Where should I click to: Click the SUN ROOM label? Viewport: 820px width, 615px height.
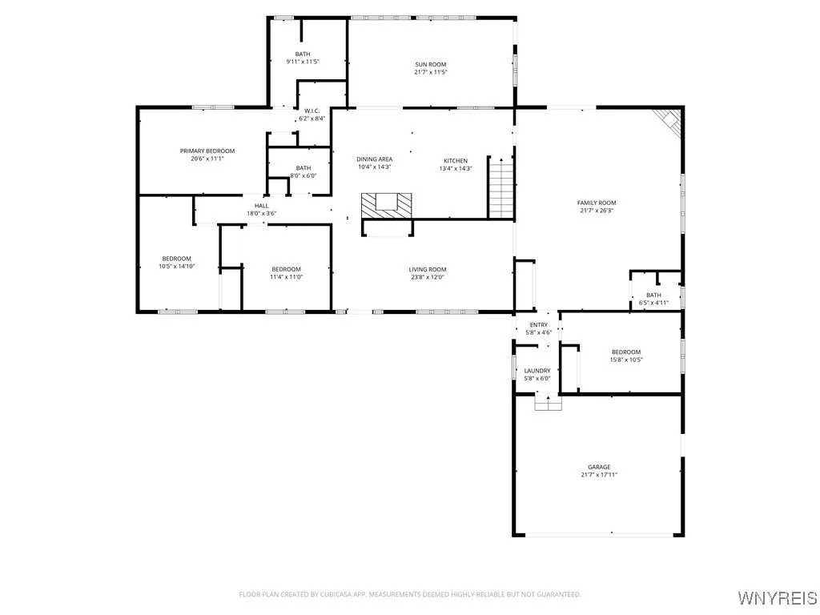click(431, 65)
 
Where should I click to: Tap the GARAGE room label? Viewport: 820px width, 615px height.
click(599, 467)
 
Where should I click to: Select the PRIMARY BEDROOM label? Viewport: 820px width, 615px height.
click(207, 151)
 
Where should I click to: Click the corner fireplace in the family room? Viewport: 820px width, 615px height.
click(666, 121)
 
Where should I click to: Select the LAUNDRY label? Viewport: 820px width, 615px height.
click(537, 371)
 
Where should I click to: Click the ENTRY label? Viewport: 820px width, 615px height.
click(539, 324)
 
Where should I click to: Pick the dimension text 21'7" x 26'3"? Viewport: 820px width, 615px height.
click(597, 211)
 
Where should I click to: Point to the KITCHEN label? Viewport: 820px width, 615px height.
click(456, 161)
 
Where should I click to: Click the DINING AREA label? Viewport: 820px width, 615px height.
click(375, 159)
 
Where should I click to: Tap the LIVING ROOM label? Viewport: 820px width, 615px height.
click(428, 270)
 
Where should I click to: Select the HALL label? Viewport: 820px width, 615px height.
click(262, 206)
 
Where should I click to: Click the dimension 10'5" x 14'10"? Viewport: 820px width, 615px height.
click(177, 267)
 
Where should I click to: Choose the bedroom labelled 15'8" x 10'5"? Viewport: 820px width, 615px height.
click(626, 356)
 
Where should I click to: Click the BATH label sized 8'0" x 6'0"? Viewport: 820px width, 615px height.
click(303, 167)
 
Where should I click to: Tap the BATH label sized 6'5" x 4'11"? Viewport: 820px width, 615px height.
click(654, 295)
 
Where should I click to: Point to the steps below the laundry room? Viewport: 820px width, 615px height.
click(549, 403)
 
